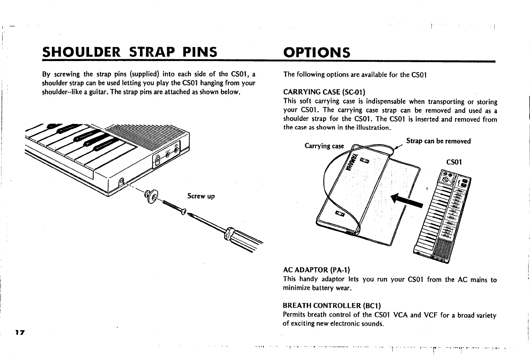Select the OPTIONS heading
click(317, 53)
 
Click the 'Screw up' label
click(201, 196)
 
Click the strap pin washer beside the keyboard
click(151, 197)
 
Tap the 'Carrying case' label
click(324, 146)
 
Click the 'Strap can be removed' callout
click(438, 141)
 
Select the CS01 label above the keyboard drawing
click(453, 162)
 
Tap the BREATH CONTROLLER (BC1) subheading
click(332, 306)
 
